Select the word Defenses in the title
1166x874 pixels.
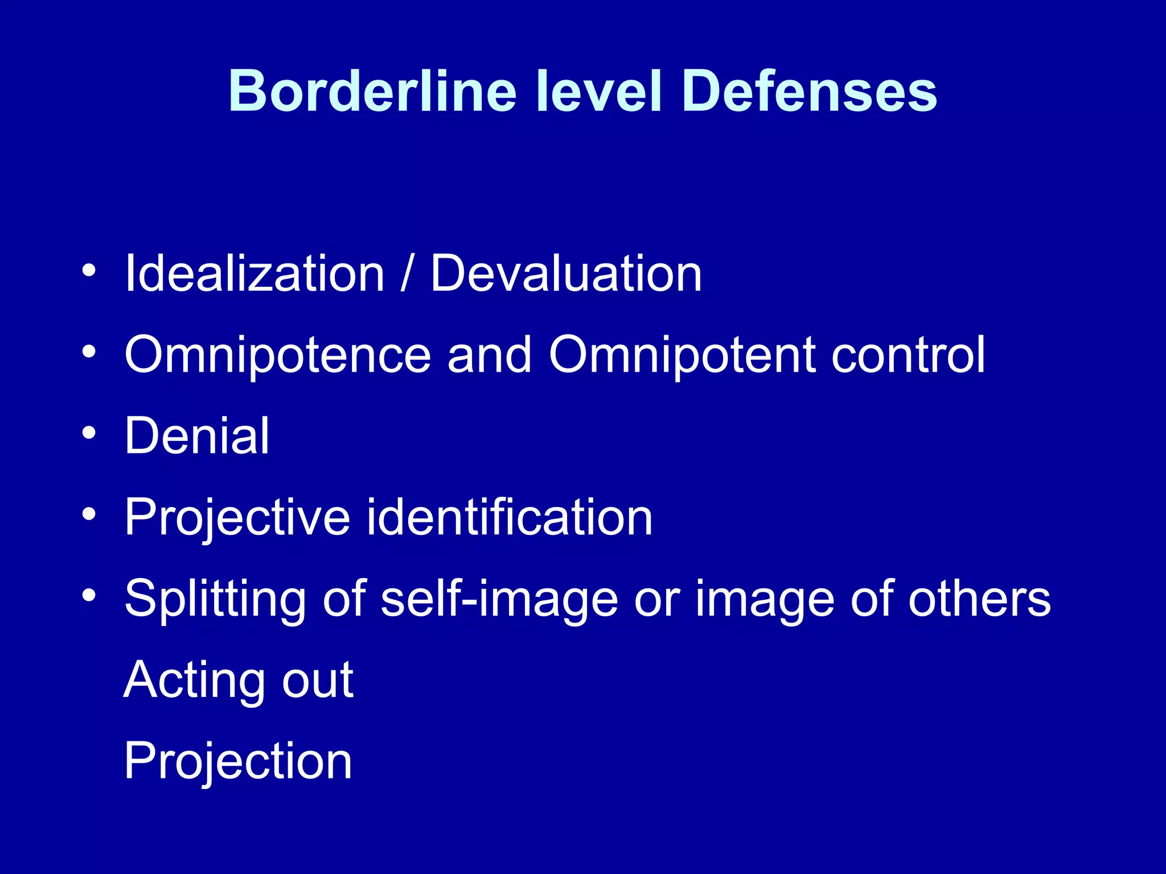click(808, 92)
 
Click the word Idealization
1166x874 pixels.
click(254, 274)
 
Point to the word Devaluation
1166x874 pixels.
click(565, 274)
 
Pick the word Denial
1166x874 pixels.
click(197, 436)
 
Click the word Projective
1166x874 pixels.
click(237, 518)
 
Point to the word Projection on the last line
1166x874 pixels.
click(238, 761)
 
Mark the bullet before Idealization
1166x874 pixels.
click(89, 271)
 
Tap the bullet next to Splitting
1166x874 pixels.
click(89, 596)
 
